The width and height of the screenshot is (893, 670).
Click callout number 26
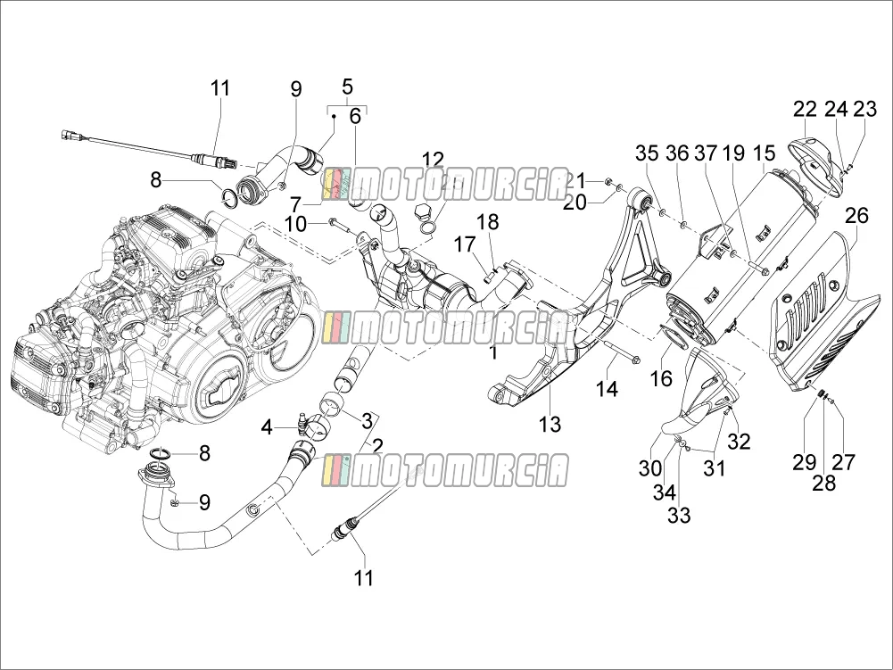[x=856, y=216]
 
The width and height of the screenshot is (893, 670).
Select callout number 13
[x=550, y=425]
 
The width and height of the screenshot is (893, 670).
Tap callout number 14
[x=607, y=389]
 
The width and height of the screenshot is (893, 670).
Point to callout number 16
[x=661, y=378]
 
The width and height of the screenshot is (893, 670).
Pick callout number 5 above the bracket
[x=347, y=87]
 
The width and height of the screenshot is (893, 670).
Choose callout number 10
[x=295, y=224]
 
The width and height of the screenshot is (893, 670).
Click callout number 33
[x=679, y=516]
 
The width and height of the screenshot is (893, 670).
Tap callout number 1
[x=493, y=353]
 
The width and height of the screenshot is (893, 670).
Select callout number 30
[x=649, y=468]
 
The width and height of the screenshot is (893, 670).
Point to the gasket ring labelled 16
[x=672, y=337]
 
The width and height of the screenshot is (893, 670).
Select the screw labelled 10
[x=342, y=224]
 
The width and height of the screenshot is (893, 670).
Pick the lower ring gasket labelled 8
[x=161, y=454]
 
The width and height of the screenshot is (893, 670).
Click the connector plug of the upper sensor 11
[x=70, y=136]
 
